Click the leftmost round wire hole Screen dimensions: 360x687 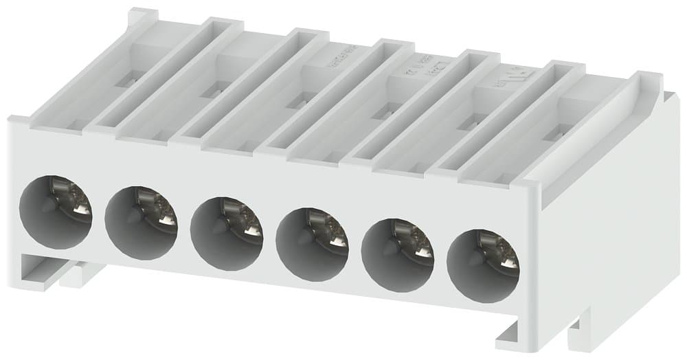pyautogui.click(x=55, y=211)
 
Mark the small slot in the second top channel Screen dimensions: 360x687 pyautogui.click(x=213, y=91)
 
